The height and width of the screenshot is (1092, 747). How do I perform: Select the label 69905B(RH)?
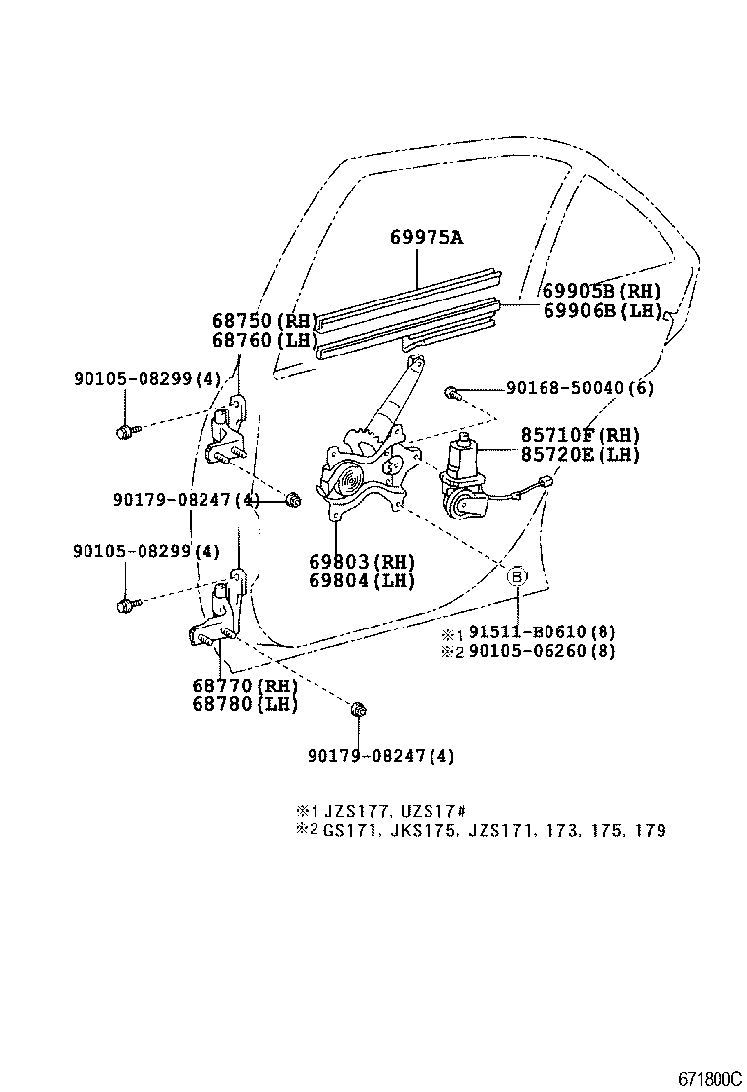601,291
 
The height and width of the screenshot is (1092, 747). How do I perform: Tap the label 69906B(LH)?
601,310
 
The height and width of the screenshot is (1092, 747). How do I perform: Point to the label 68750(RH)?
265,321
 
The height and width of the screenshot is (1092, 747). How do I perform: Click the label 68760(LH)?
265,340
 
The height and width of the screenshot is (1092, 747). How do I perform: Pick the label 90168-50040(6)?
580,389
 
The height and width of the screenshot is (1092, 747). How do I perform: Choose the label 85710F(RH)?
580,435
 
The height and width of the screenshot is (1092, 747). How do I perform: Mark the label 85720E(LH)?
580,454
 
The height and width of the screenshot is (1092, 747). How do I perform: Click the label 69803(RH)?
362,562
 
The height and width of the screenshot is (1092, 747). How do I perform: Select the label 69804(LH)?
362,580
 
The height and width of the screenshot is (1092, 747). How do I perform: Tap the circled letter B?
518,576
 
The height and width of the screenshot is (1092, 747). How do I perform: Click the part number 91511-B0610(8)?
542,632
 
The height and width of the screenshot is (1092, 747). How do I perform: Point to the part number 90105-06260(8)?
542,651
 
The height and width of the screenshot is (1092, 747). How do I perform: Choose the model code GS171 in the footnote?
344,830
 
